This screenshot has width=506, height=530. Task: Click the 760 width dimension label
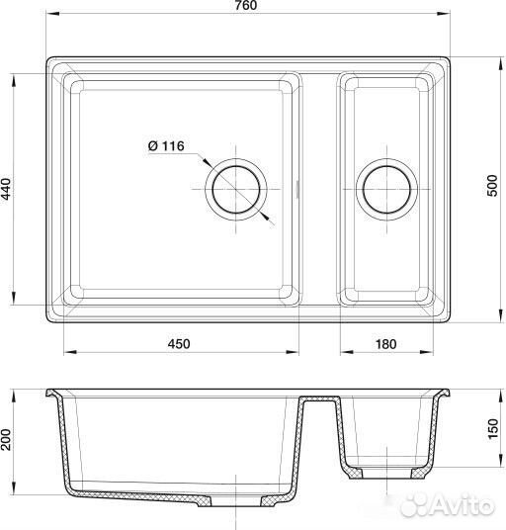(246, 5)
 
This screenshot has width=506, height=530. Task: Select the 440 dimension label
(6, 189)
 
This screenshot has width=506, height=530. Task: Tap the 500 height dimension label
(493, 185)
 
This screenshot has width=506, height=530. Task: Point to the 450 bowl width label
(179, 344)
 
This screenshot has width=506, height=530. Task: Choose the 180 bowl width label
(385, 344)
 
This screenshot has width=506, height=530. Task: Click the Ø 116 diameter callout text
(166, 146)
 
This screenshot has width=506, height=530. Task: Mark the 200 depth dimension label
(6, 440)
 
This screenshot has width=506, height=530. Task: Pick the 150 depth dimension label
(493, 428)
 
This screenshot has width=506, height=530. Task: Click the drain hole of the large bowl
(236, 189)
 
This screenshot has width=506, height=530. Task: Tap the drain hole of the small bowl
(386, 189)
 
